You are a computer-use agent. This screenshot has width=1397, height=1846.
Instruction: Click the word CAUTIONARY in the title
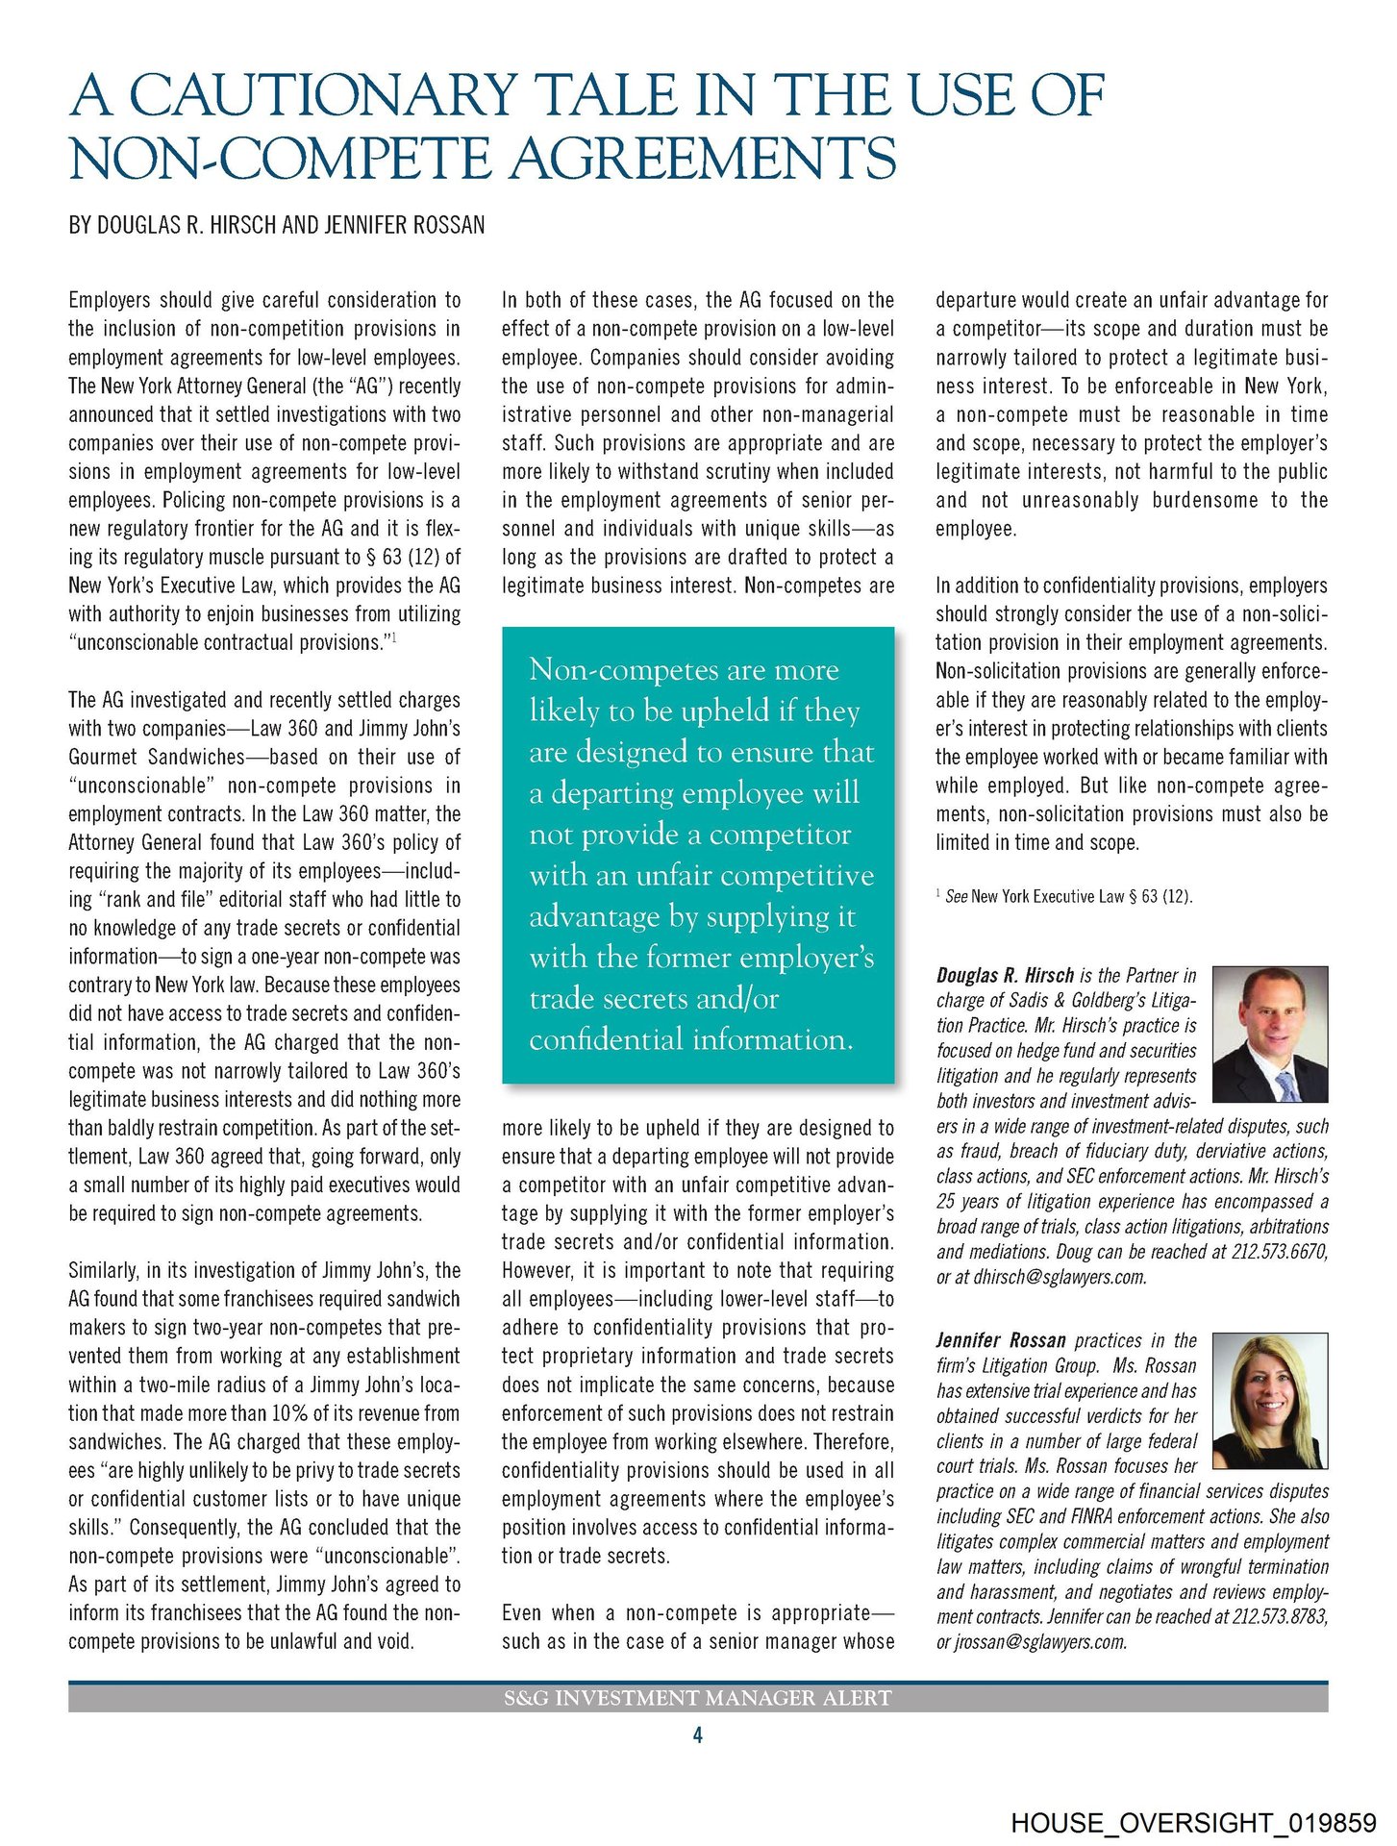tap(323, 95)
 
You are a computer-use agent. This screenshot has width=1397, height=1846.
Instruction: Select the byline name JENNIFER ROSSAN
tap(405, 225)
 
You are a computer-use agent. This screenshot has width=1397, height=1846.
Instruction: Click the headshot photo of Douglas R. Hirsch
tap(1270, 1034)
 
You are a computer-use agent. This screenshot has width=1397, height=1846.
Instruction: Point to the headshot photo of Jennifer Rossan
tap(1270, 1400)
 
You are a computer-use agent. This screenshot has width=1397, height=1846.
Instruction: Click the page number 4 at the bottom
tap(698, 1735)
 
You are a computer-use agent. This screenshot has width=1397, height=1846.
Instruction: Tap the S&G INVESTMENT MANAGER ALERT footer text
tap(698, 1698)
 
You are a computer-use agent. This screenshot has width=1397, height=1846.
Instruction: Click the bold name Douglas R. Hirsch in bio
tap(1005, 975)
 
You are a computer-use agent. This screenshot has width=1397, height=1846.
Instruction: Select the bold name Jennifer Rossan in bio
tap(1001, 1340)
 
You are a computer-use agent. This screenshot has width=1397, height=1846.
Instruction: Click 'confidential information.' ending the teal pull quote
tap(690, 1039)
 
